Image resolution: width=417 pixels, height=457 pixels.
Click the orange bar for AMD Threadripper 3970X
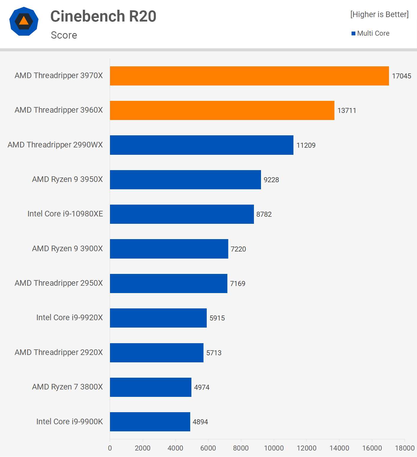[x=249, y=76]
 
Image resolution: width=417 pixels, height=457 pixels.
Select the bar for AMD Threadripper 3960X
[x=222, y=110]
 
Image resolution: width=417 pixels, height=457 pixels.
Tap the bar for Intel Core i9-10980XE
[x=182, y=214]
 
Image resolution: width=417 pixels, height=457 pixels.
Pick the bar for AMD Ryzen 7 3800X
[x=150, y=387]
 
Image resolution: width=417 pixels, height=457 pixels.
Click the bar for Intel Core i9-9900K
[x=150, y=422]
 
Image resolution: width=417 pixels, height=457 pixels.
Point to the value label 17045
[x=401, y=76]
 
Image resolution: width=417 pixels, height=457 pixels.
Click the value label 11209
[x=306, y=145]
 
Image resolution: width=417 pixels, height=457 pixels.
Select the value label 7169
[x=237, y=284]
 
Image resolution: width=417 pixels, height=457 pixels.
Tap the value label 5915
[x=217, y=318]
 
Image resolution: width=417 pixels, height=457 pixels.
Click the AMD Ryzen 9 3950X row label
[x=67, y=179]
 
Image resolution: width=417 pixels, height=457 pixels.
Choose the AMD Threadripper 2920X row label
[x=59, y=352]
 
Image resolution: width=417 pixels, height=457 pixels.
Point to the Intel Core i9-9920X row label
[x=69, y=318]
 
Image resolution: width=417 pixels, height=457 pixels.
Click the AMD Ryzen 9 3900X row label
[x=67, y=249]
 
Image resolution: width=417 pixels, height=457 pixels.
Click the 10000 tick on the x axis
[x=274, y=448]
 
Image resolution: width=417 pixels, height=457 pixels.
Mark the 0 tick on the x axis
[x=110, y=448]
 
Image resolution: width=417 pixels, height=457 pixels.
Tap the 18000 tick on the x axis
[x=405, y=448]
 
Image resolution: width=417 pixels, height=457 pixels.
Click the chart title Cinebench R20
[x=103, y=16]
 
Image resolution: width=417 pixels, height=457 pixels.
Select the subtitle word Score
[x=64, y=35]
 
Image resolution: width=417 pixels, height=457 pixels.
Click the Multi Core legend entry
[x=370, y=33]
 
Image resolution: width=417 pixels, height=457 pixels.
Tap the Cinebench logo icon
[x=24, y=21]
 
